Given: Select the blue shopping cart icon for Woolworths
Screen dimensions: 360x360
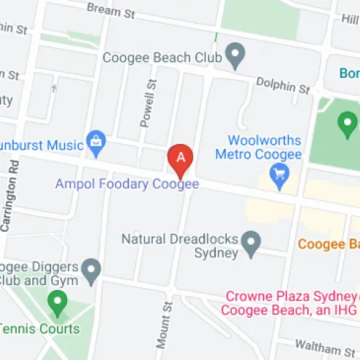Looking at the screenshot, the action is point(278,173).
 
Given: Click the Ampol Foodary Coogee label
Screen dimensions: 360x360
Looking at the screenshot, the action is point(127,184).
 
